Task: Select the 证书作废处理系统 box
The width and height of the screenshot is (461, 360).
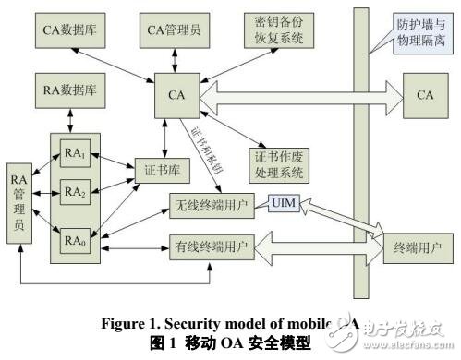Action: [276, 163]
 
